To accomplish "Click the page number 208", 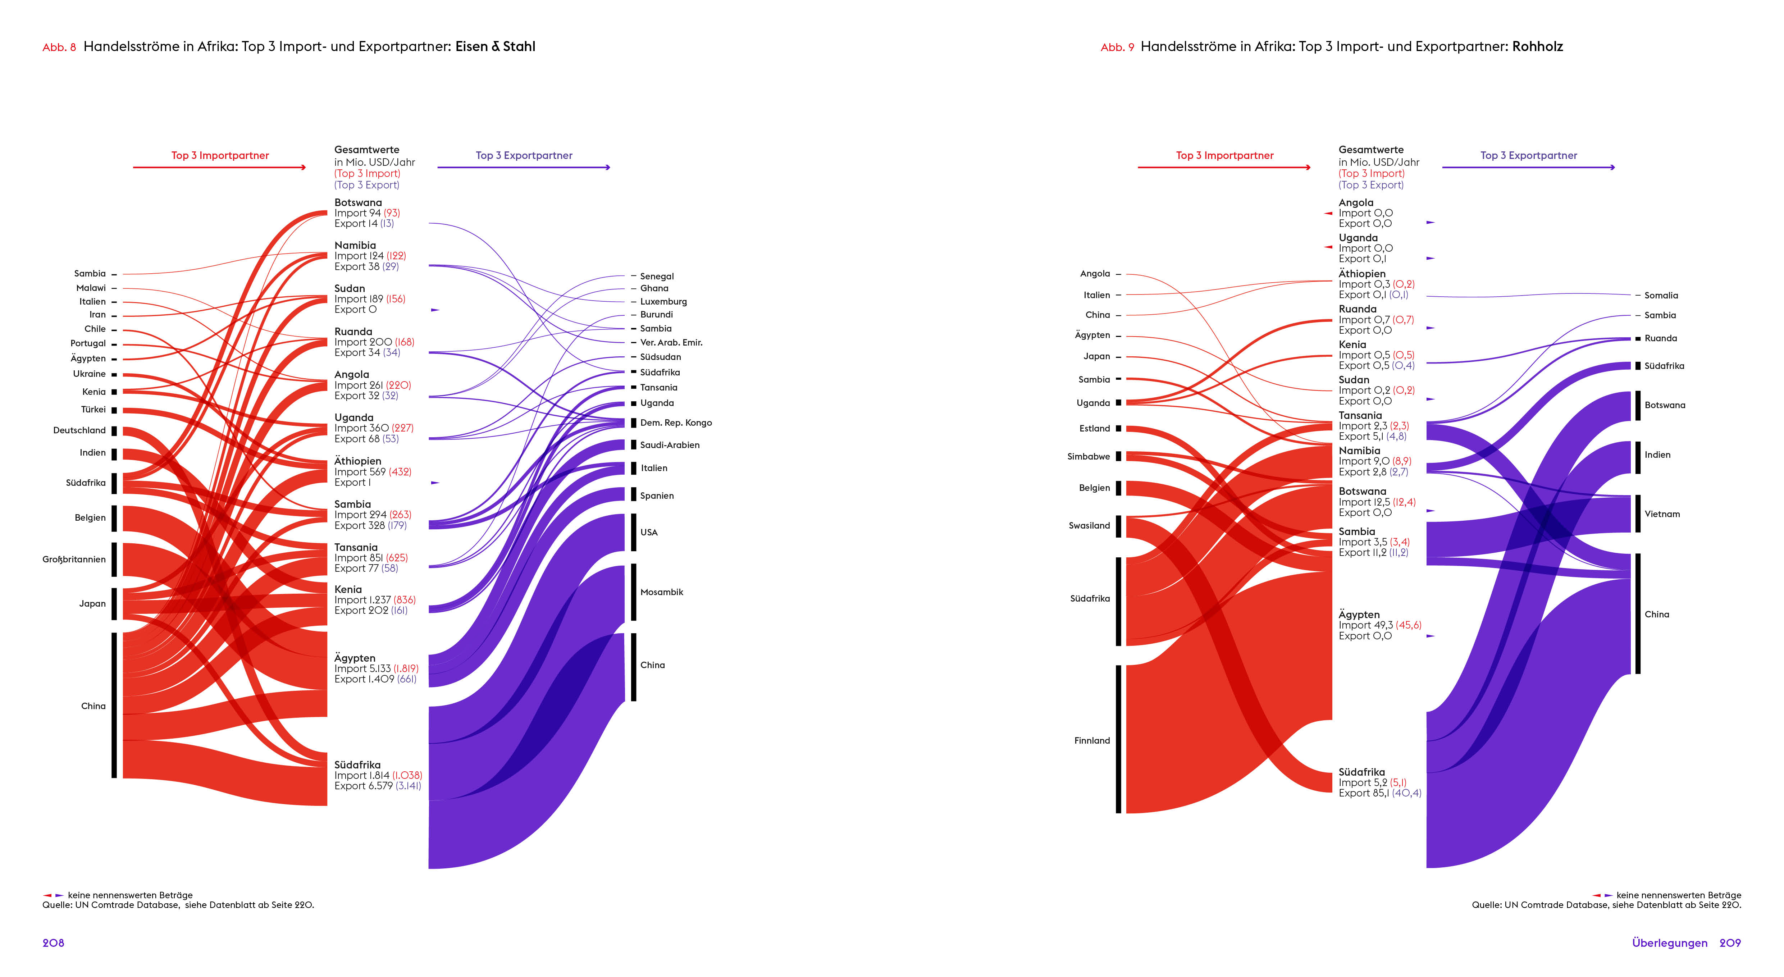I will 53,943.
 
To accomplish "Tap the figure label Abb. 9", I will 1117,47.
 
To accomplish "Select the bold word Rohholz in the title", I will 1537,46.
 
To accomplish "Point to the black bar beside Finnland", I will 1118,739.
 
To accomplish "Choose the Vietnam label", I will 1662,514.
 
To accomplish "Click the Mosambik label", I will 661,592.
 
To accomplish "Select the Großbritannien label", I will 74,560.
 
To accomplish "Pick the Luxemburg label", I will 663,301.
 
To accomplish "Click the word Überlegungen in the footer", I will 1669,943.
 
